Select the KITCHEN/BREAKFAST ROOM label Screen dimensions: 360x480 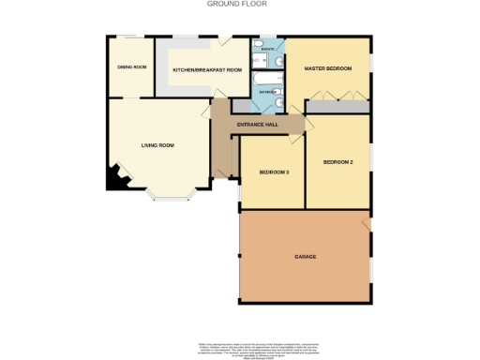tap(207, 70)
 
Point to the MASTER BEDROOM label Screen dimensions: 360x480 tap(328, 69)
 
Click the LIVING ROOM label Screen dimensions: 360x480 tap(158, 145)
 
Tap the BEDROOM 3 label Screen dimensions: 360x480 tap(274, 172)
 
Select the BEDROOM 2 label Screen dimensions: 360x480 tap(337, 162)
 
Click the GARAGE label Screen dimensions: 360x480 tap(305, 256)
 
